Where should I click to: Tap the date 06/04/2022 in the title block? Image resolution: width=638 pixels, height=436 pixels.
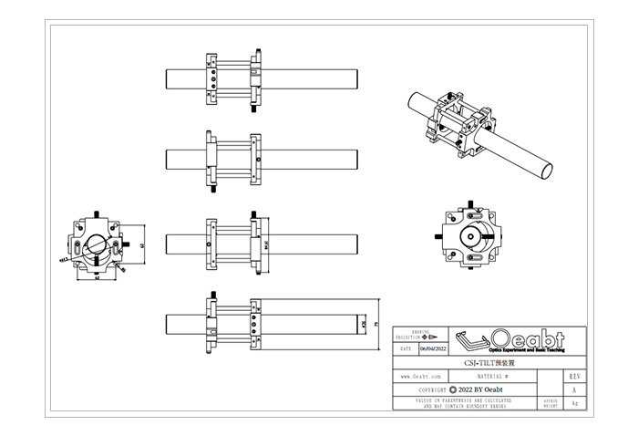point(434,348)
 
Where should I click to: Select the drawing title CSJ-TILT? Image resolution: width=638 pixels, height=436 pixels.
point(478,362)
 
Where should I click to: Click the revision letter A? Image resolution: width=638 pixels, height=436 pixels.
point(573,389)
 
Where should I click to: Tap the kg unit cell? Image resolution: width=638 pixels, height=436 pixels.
point(573,403)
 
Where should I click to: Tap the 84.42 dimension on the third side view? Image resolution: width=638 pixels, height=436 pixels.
point(265,244)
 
